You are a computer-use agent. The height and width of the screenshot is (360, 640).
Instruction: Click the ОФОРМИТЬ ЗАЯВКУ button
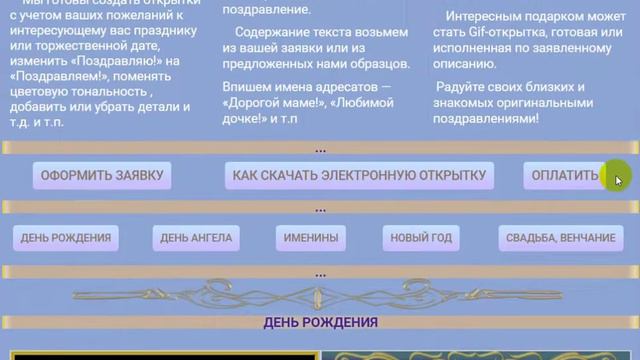pos(101,176)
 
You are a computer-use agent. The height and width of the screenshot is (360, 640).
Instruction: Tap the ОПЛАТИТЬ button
pos(565,176)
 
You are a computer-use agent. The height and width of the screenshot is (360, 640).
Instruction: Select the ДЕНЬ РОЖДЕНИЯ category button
pos(66,238)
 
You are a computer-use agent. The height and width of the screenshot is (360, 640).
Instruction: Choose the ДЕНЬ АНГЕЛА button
pos(196,238)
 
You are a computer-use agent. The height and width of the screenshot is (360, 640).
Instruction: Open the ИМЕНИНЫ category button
pos(310,238)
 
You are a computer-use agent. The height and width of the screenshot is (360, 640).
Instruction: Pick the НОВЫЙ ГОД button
pos(421,238)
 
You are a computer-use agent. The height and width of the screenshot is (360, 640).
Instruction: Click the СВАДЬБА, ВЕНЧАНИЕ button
pos(561,238)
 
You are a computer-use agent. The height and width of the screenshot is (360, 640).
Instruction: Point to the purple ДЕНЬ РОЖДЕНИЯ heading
pos(320,322)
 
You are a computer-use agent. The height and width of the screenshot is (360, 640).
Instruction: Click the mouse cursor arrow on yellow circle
pos(618,179)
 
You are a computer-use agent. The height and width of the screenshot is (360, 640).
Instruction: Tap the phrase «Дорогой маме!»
pos(269,102)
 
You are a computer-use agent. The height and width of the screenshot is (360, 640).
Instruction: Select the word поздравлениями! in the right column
pos(488,117)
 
